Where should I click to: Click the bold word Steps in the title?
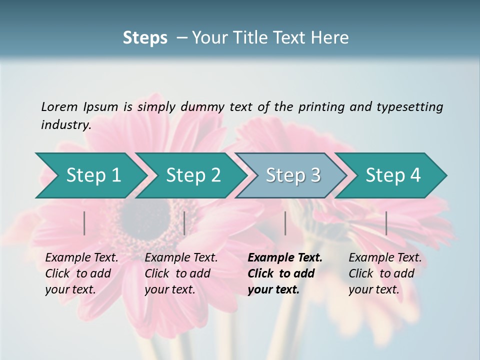145,37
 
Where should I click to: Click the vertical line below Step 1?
84,223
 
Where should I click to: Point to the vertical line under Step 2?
184,223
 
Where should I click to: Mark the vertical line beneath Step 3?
285,223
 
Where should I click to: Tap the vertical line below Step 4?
386,223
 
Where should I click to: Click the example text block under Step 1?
81,273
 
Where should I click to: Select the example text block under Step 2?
181,273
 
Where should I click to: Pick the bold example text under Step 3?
285,273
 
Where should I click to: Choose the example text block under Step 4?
385,273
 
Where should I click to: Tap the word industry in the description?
65,125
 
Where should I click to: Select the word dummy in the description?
203,107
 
